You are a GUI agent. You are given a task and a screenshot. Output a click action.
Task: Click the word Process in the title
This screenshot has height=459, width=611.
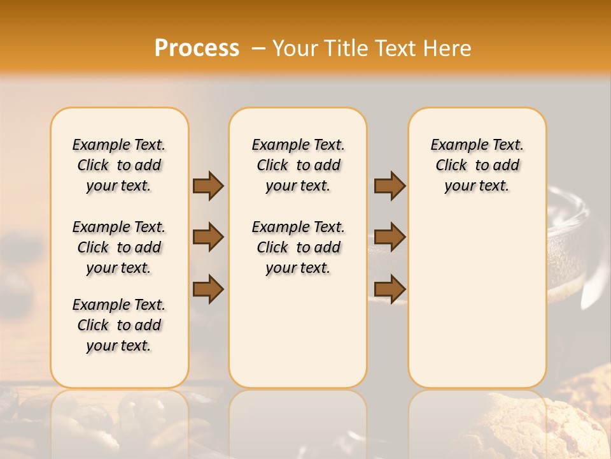(197, 48)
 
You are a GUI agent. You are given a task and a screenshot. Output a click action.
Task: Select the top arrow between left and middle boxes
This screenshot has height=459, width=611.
(208, 186)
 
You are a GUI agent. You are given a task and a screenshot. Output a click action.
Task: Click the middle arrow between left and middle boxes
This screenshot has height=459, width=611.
(208, 237)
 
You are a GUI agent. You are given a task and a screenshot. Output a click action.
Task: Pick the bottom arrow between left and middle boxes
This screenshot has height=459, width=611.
(208, 289)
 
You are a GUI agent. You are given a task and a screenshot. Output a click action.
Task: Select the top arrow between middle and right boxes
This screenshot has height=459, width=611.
(390, 186)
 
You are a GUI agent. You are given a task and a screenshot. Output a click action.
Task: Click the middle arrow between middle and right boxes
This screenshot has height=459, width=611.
(390, 237)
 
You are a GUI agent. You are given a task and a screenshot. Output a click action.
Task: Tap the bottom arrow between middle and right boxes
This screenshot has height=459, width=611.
(390, 289)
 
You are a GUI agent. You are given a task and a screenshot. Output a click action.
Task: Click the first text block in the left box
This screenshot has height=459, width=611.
(119, 165)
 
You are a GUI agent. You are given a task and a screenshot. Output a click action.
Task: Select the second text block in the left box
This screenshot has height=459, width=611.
(119, 247)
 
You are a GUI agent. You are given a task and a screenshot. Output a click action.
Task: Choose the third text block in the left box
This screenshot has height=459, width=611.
(119, 325)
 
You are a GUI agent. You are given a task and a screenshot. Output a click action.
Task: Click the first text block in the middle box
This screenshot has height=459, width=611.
(298, 165)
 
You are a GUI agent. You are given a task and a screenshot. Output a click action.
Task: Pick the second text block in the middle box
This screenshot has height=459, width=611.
(298, 247)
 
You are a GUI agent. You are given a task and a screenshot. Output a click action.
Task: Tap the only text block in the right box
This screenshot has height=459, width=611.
(477, 165)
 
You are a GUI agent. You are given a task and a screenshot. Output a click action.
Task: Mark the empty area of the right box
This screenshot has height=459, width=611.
(477, 293)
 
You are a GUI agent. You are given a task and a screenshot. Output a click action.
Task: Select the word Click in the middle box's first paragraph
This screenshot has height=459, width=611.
(272, 165)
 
